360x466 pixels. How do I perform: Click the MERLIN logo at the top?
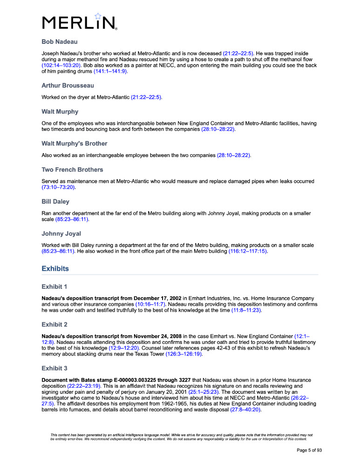(79, 22)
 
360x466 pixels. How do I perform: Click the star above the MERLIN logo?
(98, 16)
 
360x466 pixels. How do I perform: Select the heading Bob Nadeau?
(59, 42)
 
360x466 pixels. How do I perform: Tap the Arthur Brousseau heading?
(68, 85)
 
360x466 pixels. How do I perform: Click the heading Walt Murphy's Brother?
(75, 143)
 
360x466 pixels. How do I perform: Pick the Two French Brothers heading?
(72, 169)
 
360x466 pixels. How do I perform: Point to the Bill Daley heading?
(55, 201)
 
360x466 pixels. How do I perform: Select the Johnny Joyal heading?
(61, 233)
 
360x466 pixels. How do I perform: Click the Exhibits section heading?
(55, 268)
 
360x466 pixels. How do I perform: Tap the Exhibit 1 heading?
(54, 286)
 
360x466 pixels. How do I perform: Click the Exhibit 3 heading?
(54, 368)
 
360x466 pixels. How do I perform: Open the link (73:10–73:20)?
(58, 187)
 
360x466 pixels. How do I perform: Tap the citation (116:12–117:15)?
(248, 251)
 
